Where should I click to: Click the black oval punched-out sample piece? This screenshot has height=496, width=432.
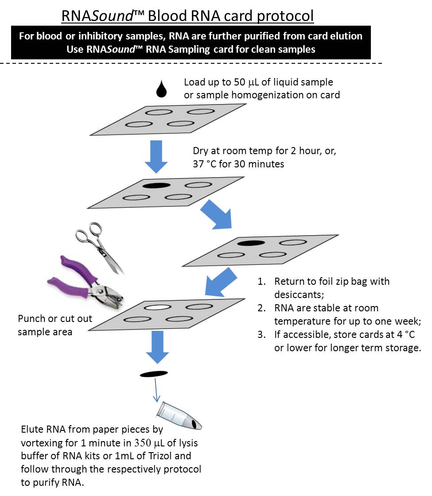(x=154, y=374)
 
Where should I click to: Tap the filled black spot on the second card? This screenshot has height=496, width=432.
(x=156, y=186)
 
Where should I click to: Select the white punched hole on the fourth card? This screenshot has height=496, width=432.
(x=158, y=307)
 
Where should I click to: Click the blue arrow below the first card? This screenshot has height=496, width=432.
(x=156, y=157)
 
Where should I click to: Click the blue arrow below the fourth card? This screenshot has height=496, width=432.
(x=157, y=347)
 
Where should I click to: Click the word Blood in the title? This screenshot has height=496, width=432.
(x=168, y=16)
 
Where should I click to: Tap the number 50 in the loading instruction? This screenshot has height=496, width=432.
(x=240, y=82)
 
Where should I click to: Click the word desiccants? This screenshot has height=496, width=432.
(x=299, y=294)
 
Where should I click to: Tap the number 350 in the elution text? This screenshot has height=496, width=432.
(x=142, y=442)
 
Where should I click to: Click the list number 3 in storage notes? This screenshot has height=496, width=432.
(x=261, y=334)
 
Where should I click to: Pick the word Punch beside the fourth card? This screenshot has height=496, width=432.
(x=31, y=318)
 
